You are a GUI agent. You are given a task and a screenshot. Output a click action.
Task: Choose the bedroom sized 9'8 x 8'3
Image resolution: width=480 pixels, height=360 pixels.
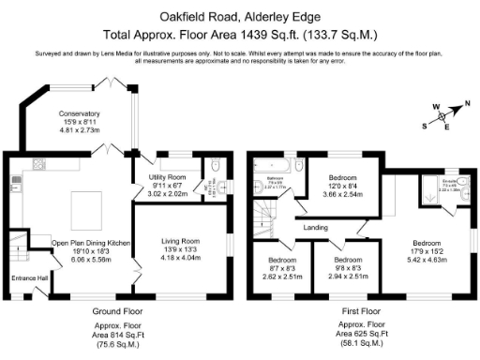[x=348, y=259]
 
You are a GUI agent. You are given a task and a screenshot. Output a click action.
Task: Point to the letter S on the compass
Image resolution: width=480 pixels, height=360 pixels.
[x=426, y=124]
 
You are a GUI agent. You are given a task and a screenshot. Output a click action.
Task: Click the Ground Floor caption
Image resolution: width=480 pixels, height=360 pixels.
[x=118, y=310]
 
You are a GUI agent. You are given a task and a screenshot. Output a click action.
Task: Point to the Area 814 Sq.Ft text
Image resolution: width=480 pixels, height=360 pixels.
[x=118, y=335]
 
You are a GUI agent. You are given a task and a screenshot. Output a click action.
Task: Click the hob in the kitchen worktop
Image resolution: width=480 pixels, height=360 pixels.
[x=16, y=179]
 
